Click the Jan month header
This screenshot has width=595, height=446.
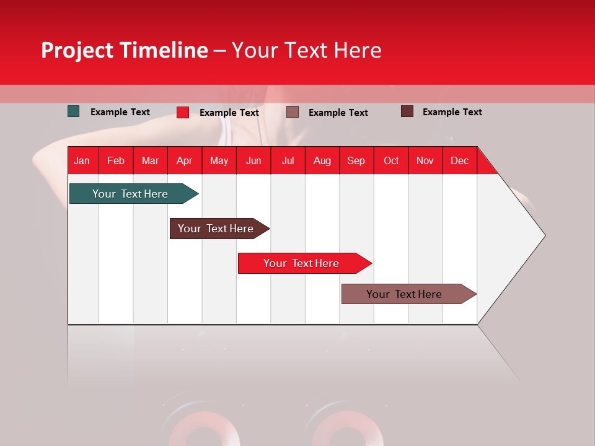82,160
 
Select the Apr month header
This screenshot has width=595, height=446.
184,160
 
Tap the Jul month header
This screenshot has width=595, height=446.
288,160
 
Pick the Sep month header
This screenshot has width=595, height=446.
356,160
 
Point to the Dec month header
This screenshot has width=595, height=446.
459,160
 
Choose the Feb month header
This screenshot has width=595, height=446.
116,160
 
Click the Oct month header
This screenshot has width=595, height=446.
391,160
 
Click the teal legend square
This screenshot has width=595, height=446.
74,111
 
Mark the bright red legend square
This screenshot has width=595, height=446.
183,112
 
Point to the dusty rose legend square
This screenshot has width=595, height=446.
293,111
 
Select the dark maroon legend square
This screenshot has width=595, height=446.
407,111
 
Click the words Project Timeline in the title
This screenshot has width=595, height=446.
125,50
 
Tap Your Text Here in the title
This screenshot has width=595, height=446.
306,50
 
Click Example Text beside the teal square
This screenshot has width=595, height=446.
120,112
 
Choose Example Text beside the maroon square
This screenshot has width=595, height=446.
452,112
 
